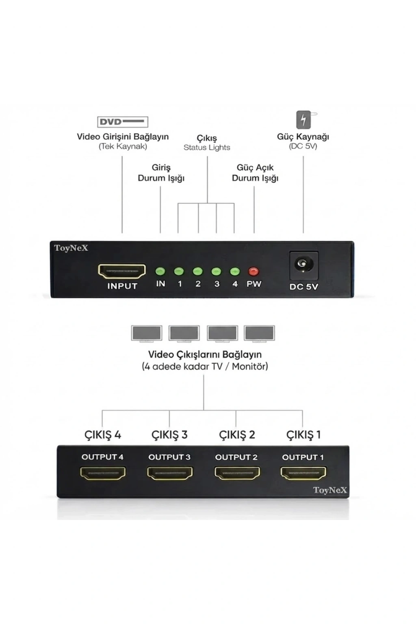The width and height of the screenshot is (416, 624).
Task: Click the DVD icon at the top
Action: tap(123, 122)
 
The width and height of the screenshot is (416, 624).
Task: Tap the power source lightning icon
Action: tap(304, 120)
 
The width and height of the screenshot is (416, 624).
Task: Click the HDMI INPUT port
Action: tap(122, 271)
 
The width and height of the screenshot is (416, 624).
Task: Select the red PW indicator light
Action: tap(253, 271)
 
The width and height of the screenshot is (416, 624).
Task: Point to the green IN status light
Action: tap(160, 271)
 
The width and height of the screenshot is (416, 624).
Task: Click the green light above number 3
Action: tap(217, 271)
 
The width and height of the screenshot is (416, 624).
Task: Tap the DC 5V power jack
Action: tap(304, 265)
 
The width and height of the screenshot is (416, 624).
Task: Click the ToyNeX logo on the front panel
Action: tap(71, 248)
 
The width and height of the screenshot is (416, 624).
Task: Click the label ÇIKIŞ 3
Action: tap(169, 442)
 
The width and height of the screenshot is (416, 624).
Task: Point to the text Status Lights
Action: tap(207, 147)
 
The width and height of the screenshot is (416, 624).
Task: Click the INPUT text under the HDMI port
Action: tap(122, 286)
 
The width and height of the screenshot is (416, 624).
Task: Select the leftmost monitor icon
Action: tap(147, 333)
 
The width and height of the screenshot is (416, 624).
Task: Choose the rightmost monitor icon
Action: tap(260, 333)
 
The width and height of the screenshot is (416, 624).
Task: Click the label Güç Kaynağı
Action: tap(303, 137)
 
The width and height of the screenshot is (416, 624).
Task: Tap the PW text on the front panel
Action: tap(254, 284)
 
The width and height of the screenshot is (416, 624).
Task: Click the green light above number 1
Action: tap(179, 271)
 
